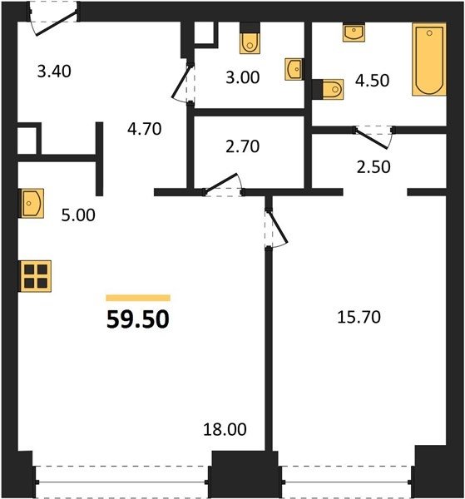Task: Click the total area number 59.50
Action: click(138, 319)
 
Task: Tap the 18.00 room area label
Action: click(225, 429)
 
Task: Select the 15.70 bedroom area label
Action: click(359, 318)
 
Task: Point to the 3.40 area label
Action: click(54, 72)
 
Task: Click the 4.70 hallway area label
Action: click(145, 129)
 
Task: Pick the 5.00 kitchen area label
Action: click(78, 215)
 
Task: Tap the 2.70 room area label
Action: click(243, 146)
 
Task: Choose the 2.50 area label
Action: click(373, 167)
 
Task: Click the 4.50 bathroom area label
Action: click(372, 81)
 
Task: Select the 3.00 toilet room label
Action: click(243, 77)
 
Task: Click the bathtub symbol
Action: click(429, 59)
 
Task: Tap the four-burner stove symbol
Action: click(36, 276)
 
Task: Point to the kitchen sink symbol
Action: click(32, 204)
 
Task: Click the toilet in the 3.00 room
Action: click(250, 38)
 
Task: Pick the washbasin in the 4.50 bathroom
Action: click(354, 32)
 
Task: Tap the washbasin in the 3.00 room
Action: click(294, 69)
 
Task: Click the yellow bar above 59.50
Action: click(138, 298)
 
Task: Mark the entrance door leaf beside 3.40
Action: click(57, 22)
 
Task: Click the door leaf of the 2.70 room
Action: click(221, 183)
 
